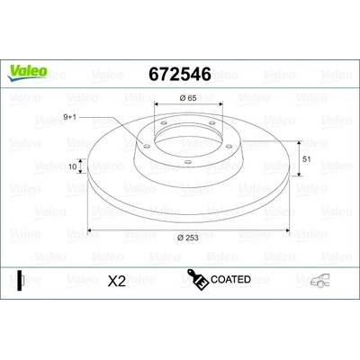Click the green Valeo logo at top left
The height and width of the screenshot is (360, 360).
click(x=27, y=73)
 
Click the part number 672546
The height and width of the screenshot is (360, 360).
click(x=180, y=74)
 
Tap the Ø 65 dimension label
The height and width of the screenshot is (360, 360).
click(x=188, y=98)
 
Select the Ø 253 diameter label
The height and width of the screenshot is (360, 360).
click(x=188, y=238)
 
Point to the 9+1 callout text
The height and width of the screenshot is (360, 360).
click(x=70, y=117)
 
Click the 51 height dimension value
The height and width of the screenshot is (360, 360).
click(x=307, y=159)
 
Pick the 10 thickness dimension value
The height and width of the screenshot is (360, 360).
click(x=73, y=166)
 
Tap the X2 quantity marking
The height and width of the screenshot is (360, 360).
click(x=117, y=282)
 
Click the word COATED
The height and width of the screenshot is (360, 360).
click(x=230, y=279)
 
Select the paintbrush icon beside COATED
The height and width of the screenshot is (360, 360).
click(x=198, y=280)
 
